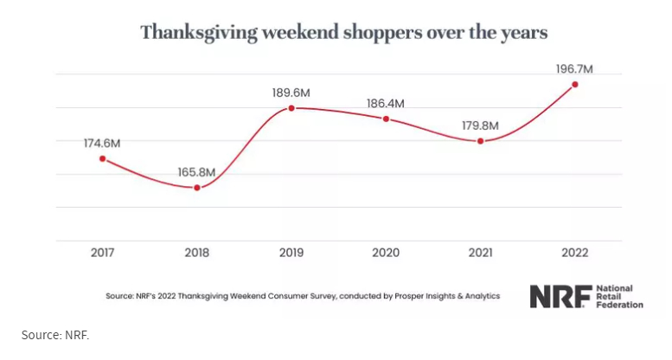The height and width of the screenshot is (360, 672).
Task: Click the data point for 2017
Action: pos(103,158)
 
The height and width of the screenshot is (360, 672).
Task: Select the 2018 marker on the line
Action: pos(197,188)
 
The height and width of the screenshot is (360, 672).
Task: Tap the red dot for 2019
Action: pos(291,108)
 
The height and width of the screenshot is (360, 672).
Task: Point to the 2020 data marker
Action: pos(386,119)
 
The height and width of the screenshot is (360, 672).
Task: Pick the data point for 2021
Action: pos(480,141)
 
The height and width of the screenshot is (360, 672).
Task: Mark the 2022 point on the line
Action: pos(574,84)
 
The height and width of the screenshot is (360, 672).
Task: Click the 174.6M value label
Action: pos(102,140)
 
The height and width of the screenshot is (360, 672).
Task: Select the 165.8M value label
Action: pos(197,170)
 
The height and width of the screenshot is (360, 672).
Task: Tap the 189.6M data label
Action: pos(291,90)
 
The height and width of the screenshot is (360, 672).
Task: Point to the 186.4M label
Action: pos(385,103)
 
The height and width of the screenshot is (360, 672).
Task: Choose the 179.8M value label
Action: pos(480,125)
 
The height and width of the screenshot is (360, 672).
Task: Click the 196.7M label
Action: pos(573,67)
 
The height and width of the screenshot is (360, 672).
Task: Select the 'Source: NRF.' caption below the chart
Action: pos(55,334)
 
